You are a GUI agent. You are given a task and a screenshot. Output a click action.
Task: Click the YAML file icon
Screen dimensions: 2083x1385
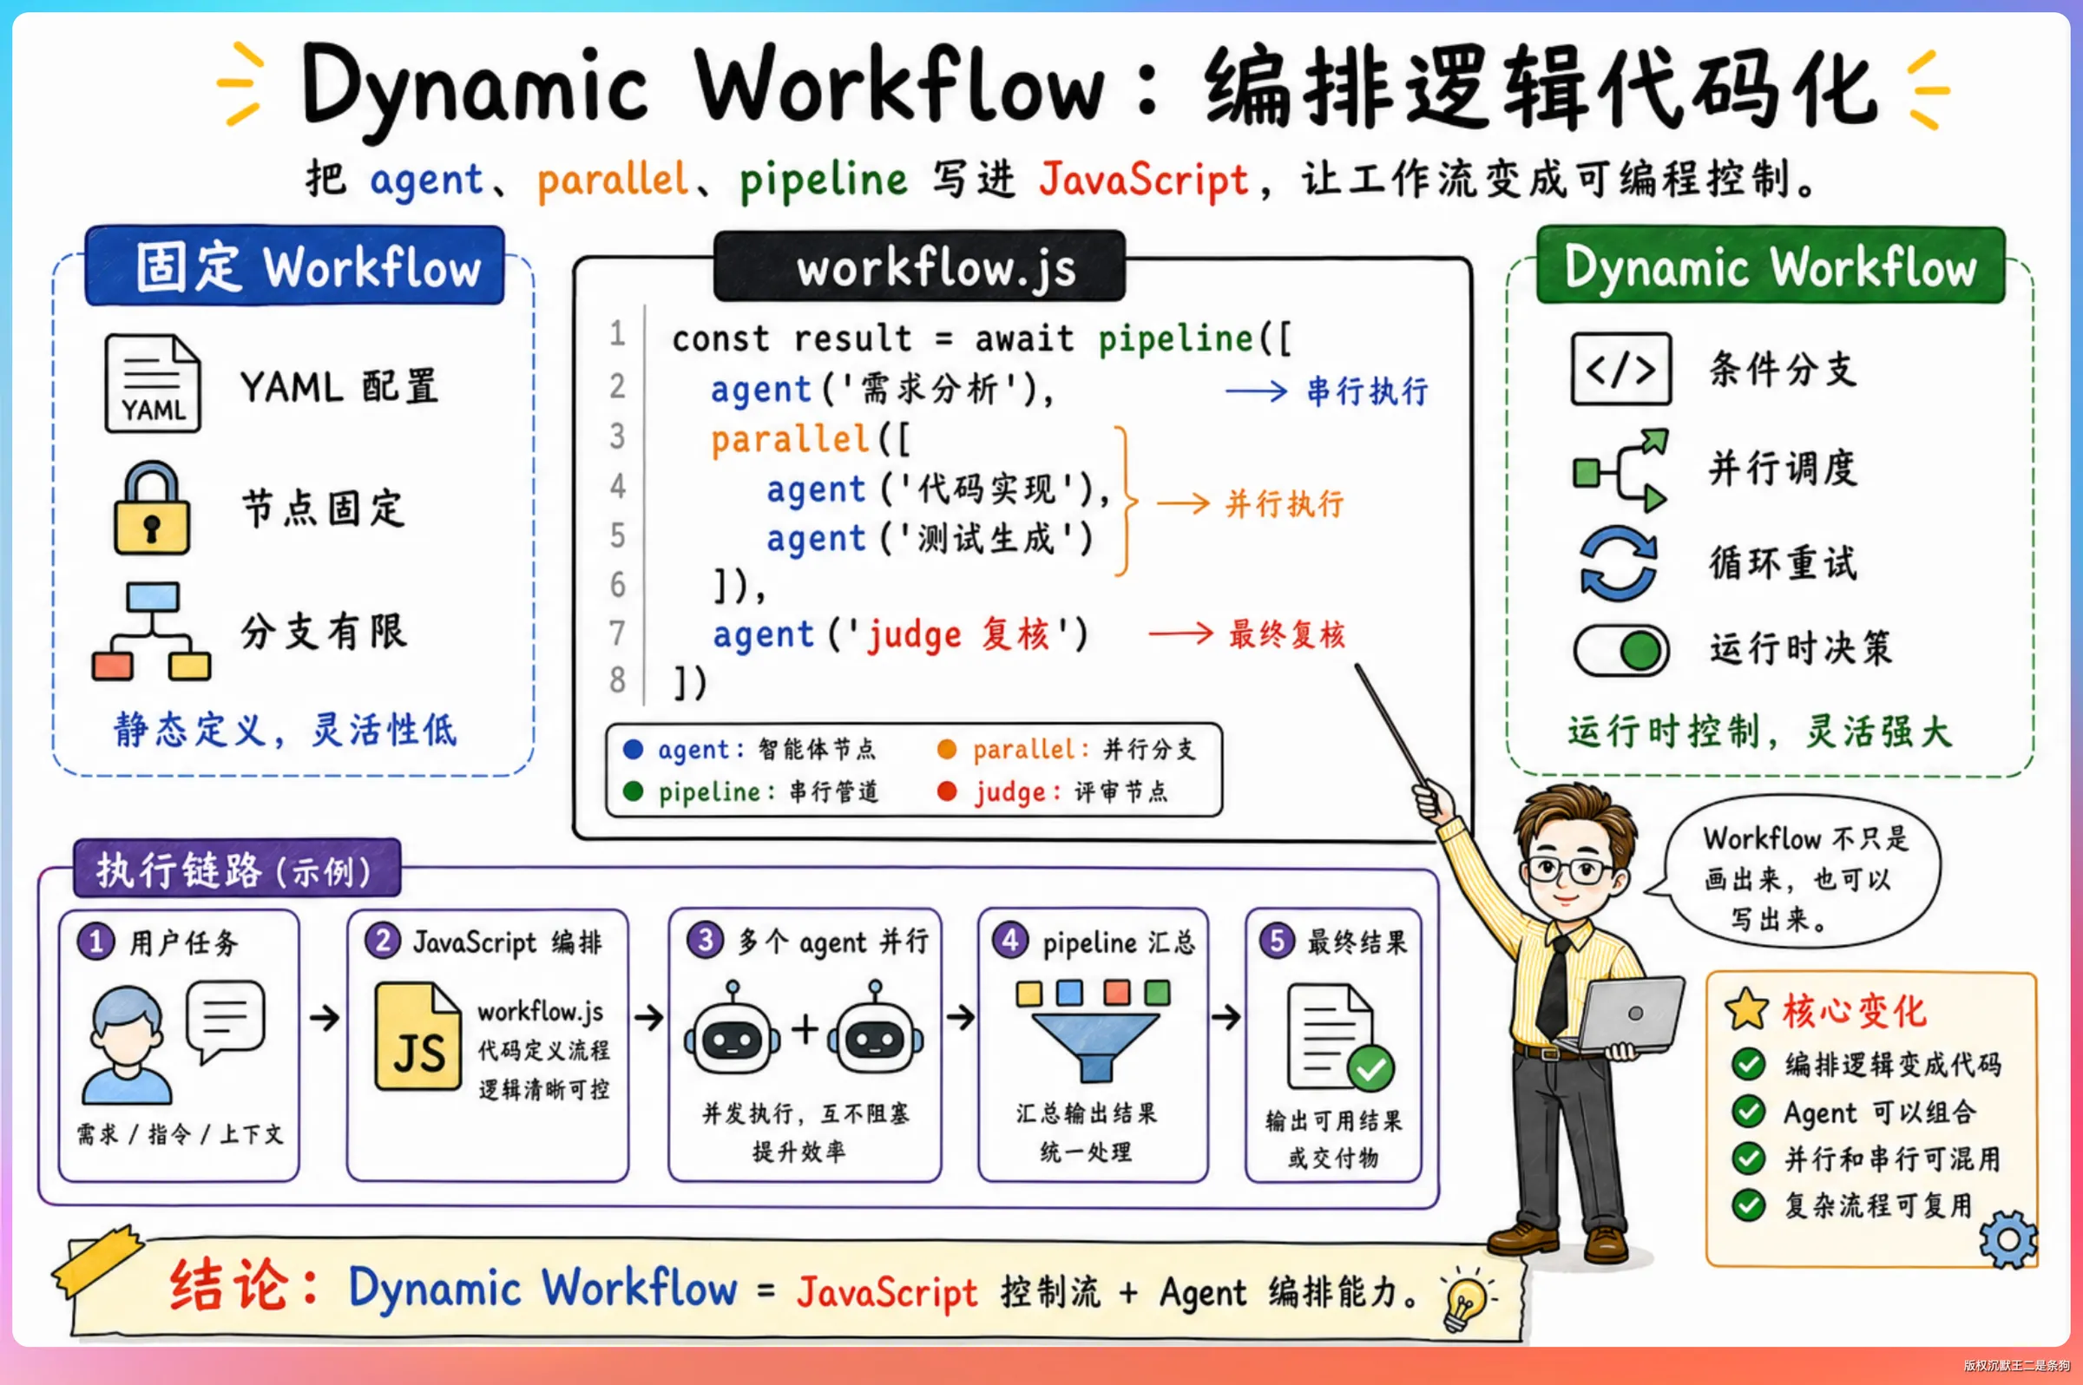coord(152,383)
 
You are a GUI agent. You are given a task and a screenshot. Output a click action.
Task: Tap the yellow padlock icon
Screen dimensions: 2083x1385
coord(152,508)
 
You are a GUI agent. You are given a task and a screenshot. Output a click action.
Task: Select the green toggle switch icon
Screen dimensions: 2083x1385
coord(1621,651)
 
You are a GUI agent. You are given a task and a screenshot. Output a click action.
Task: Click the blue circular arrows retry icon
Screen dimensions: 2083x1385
coord(1619,563)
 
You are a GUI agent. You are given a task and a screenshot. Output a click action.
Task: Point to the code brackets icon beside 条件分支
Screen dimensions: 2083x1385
coord(1621,369)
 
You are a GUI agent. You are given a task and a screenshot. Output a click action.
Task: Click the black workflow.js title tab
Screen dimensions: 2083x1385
coord(919,266)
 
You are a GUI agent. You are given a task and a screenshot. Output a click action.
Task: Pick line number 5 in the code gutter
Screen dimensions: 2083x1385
coord(617,535)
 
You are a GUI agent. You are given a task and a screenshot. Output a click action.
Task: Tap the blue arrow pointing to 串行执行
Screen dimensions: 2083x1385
coord(1256,391)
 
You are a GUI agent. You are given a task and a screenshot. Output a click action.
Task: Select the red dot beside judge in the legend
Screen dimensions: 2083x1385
coord(947,791)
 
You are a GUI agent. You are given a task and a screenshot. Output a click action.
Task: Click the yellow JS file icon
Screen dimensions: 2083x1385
coord(417,1036)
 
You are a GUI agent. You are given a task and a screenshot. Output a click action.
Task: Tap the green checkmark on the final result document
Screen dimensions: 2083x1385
coord(1370,1069)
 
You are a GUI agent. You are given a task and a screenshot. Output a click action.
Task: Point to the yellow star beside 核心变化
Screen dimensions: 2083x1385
coord(1747,1009)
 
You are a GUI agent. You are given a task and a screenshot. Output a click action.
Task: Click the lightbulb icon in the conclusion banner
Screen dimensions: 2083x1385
coord(1466,1299)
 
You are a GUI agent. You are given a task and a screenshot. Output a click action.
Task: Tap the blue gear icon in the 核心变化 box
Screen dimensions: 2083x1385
coord(2007,1239)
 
